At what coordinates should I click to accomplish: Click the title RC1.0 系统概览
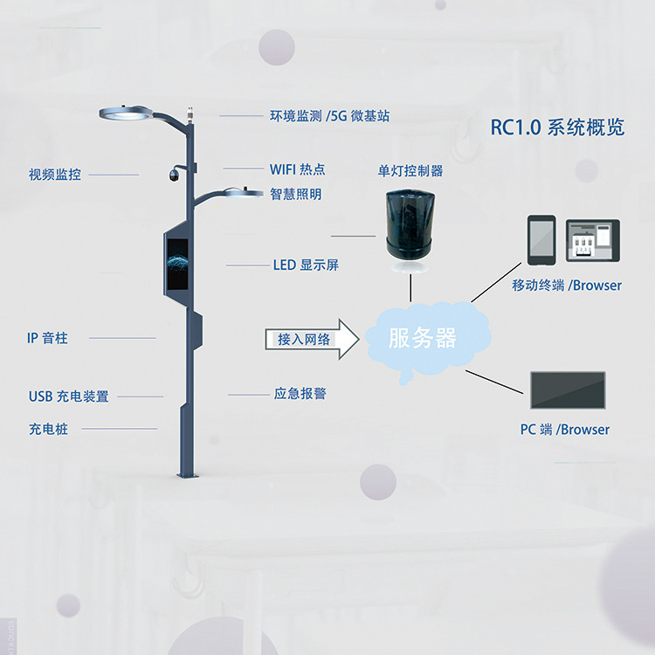(x=557, y=127)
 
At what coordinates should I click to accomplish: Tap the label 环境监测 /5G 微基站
(x=329, y=115)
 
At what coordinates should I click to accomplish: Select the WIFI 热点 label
(x=298, y=169)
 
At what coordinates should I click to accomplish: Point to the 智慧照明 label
(x=296, y=194)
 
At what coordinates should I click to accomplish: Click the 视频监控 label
(x=55, y=175)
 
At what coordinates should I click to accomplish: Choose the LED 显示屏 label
(x=306, y=265)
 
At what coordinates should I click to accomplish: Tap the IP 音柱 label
(x=47, y=338)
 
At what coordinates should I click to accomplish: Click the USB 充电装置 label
(x=68, y=396)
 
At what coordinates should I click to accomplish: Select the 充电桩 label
(x=48, y=429)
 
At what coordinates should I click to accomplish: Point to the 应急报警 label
(x=300, y=393)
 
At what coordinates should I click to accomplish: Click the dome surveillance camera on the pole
(x=174, y=175)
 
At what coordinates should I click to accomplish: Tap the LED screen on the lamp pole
(x=177, y=264)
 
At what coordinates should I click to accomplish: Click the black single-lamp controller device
(x=410, y=225)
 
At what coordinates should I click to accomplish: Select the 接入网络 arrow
(x=312, y=339)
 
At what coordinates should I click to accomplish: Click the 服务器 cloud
(x=428, y=339)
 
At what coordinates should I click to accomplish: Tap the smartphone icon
(x=541, y=240)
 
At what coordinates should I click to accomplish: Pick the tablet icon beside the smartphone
(x=593, y=241)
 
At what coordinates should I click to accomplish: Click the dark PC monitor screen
(x=568, y=390)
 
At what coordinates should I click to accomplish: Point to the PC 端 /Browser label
(x=565, y=430)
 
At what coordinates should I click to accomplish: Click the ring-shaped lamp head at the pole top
(x=125, y=114)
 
